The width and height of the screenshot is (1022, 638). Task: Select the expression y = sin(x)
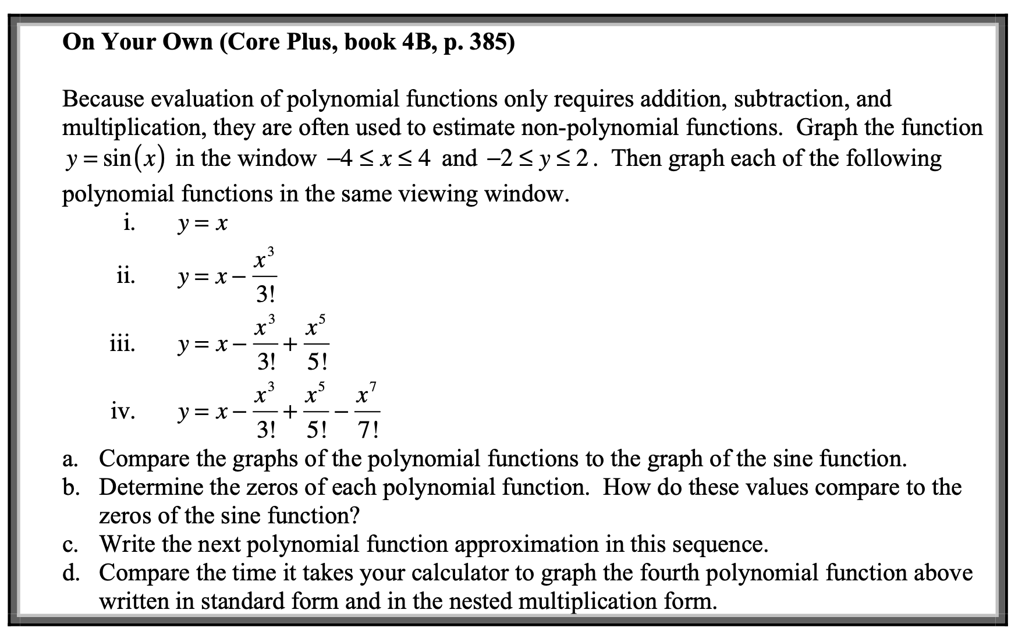pos(114,158)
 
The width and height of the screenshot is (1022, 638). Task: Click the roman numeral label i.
pos(129,223)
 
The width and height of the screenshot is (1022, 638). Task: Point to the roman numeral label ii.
pos(125,275)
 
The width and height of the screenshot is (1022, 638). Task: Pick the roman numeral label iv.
pos(123,412)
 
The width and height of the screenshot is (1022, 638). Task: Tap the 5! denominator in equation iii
pos(317,363)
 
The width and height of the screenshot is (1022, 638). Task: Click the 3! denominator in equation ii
pos(267,295)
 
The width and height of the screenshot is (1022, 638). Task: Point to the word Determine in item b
pos(150,487)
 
